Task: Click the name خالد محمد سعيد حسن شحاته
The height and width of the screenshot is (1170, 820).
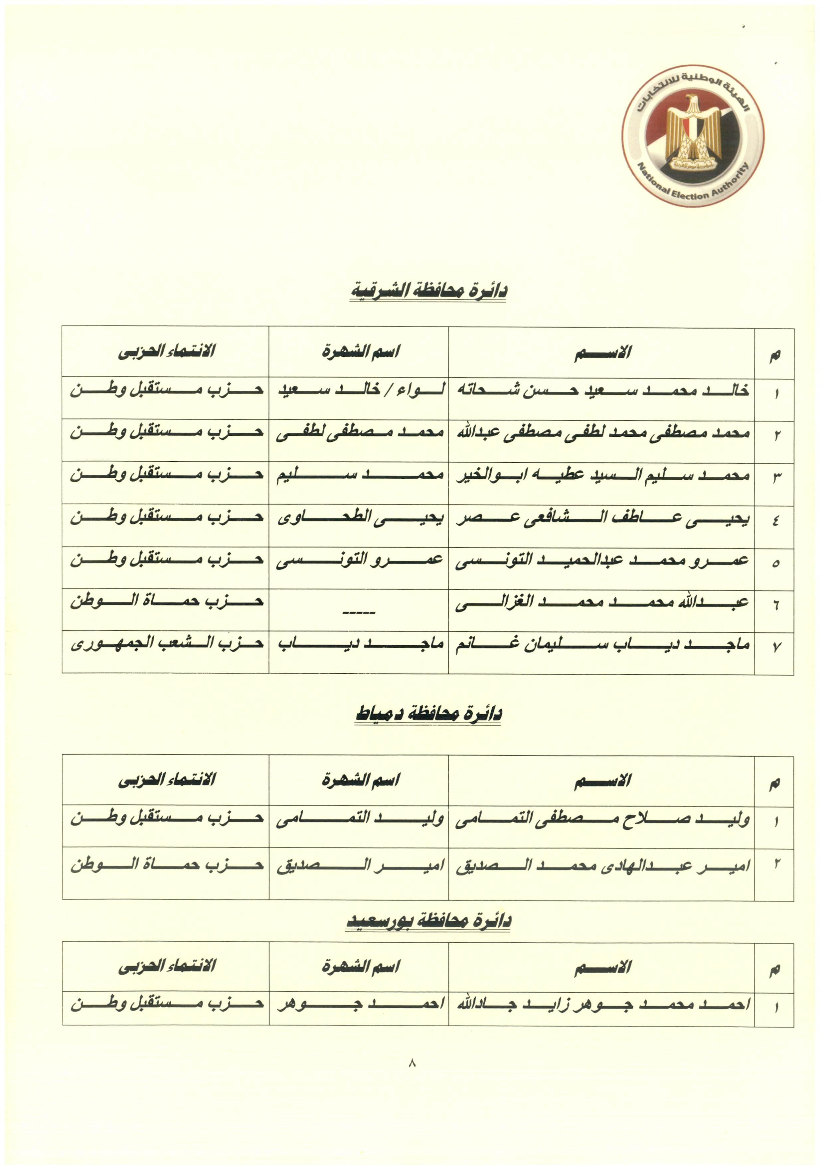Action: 602,390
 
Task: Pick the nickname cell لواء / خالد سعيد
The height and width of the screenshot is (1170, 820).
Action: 360,390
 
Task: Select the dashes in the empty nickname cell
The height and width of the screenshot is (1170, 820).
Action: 359,612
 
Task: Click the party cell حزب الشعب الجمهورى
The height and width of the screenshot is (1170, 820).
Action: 167,644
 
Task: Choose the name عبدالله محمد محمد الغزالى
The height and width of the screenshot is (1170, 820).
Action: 602,603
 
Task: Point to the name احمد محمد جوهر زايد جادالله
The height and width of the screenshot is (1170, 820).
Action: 602,1004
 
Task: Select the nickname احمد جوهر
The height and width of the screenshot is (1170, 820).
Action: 360,1004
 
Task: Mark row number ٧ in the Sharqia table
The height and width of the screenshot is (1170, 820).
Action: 775,647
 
